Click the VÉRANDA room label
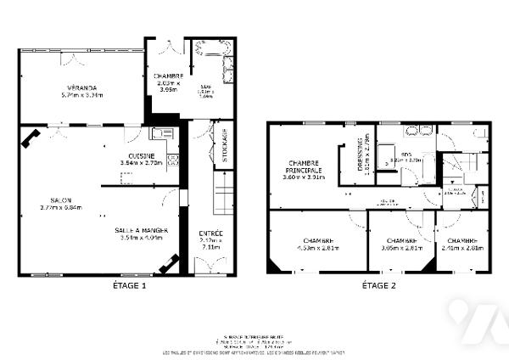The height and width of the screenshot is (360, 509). (82, 87)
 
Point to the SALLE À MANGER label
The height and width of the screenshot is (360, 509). (141, 229)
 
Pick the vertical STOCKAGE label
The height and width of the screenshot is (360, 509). (225, 145)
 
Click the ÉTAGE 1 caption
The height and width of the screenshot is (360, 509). (130, 286)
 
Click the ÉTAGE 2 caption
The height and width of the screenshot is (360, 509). (378, 286)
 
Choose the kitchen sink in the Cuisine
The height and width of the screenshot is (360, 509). (161, 133)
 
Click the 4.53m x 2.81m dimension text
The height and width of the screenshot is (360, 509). (316, 249)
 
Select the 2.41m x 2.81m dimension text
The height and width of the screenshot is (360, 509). (461, 249)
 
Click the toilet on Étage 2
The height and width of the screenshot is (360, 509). (481, 134)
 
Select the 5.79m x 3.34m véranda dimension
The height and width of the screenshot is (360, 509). (82, 95)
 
